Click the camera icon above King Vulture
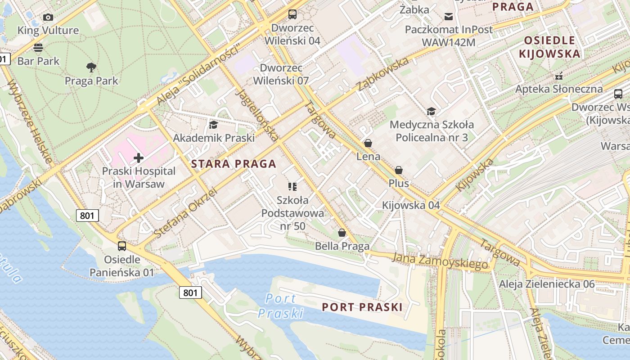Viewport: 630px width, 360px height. [48, 18]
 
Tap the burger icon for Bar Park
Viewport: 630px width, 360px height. [38, 47]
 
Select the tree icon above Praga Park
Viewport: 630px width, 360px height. [91, 68]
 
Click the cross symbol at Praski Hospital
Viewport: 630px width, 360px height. [139, 158]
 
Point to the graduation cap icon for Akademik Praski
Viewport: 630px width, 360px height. [213, 125]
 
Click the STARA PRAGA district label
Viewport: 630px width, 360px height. [234, 164]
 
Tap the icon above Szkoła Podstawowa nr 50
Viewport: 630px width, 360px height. [292, 186]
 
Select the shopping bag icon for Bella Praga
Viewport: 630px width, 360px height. [342, 233]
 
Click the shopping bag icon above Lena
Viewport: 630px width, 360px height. [368, 143]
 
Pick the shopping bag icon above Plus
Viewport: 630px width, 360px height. [399, 170]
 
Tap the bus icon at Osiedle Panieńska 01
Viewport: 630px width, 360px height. [122, 246]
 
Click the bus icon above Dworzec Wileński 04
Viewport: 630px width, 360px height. [292, 14]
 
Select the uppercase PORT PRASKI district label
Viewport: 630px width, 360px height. [362, 307]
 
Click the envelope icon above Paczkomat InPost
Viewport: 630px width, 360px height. [449, 17]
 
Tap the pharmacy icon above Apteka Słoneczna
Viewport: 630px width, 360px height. [559, 76]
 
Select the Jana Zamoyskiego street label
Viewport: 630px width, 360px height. [440, 261]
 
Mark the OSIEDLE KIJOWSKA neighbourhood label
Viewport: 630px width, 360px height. [549, 47]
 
